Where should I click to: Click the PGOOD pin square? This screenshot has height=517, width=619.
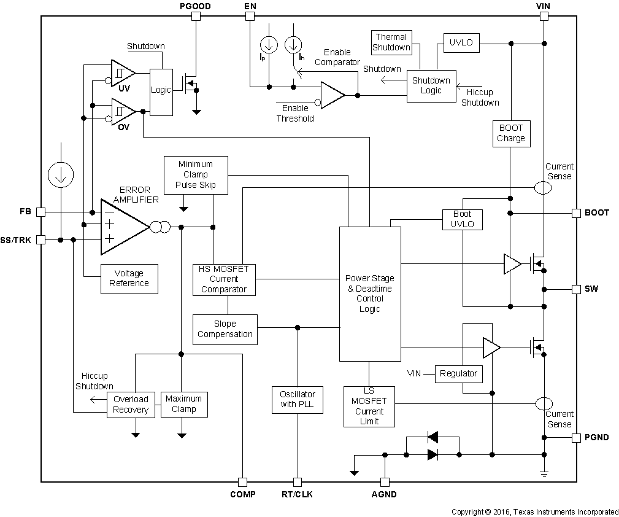(196, 17)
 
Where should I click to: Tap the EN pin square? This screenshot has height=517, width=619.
(250, 17)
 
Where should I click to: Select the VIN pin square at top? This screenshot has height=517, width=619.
(544, 17)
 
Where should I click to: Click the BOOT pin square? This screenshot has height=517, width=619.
(576, 213)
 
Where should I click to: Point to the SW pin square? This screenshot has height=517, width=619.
(576, 289)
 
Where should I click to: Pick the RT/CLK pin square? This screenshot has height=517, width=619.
(298, 482)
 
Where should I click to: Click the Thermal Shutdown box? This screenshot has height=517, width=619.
(391, 42)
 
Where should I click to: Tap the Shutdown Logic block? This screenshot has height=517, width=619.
(431, 85)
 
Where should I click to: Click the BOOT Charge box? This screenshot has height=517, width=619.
(511, 133)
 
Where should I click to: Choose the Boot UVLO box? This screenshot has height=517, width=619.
(463, 219)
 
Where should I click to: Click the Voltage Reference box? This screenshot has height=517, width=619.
(129, 279)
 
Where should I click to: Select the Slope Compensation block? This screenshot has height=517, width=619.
(225, 329)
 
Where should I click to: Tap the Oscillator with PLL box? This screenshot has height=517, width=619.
(298, 400)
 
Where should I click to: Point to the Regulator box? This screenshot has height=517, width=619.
(458, 373)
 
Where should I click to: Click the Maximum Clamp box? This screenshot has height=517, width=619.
(184, 405)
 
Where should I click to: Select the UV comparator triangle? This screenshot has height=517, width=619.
(123, 75)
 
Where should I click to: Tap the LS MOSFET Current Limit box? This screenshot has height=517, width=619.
(369, 406)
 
